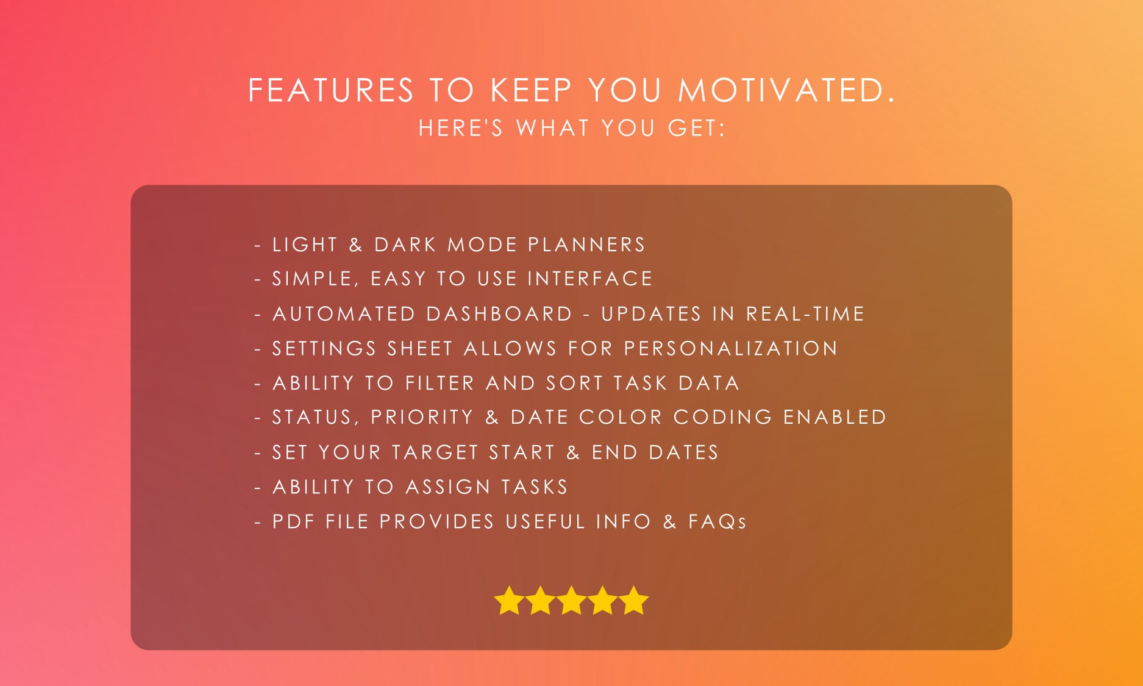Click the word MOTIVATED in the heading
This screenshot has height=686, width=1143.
[x=786, y=91]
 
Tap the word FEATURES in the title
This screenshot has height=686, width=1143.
[x=331, y=91]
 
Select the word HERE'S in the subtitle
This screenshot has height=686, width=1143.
[x=461, y=129]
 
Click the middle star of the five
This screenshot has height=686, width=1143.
[x=571, y=601]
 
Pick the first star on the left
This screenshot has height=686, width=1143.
[x=509, y=601]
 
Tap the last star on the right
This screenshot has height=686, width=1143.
[x=634, y=601]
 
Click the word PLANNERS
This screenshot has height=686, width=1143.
[x=586, y=245]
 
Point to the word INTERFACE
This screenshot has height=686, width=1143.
[x=590, y=279]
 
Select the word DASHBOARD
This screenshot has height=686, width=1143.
[x=499, y=314]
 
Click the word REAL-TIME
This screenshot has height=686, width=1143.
[x=805, y=314]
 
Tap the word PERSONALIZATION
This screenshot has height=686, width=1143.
[x=731, y=349]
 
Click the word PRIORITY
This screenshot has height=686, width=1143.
[x=422, y=418]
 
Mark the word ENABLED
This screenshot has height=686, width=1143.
[x=835, y=418]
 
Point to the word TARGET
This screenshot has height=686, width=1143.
[x=435, y=452]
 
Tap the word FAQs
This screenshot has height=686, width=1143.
[x=717, y=522]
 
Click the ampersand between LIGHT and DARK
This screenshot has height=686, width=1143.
[x=355, y=245]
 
